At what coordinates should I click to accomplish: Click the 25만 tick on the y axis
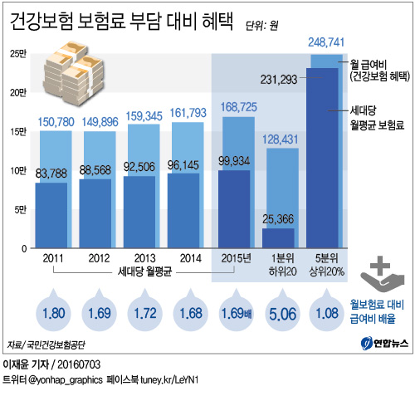(17, 55)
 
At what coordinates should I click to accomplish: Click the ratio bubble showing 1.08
(325, 315)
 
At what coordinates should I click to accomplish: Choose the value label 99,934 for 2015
(235, 160)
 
